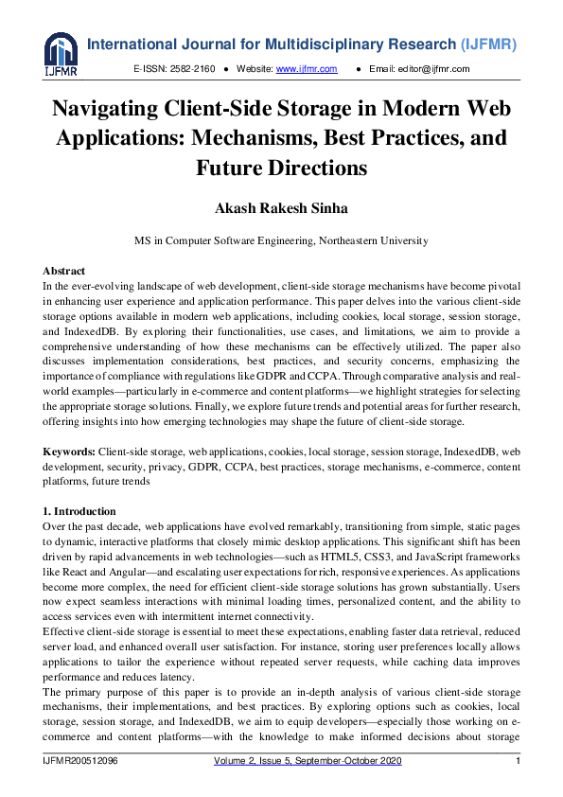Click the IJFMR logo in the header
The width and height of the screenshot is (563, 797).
pyautogui.click(x=62, y=55)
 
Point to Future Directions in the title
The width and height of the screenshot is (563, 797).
pyautogui.click(x=281, y=169)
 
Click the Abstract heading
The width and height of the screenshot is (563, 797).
pyautogui.click(x=64, y=272)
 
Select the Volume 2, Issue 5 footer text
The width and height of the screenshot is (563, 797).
pyautogui.click(x=265, y=762)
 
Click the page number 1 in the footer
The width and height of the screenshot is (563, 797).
pyautogui.click(x=518, y=762)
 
